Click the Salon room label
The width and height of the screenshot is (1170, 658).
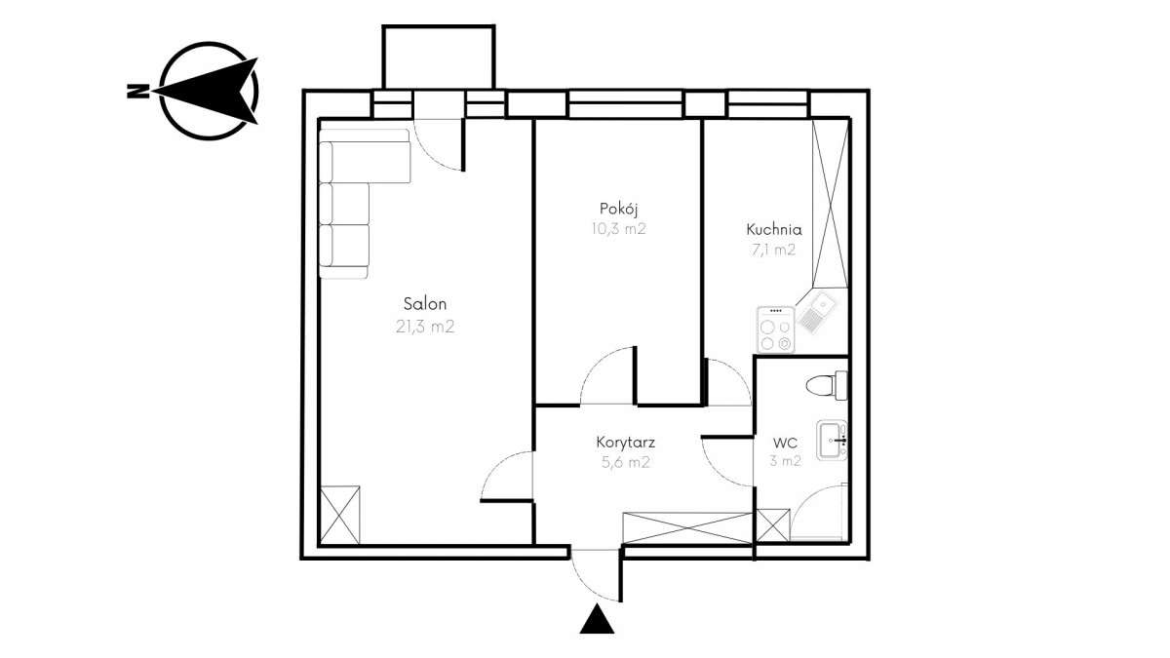[x=425, y=303]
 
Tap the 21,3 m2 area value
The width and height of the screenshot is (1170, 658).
[x=425, y=327]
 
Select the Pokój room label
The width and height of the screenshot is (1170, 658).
[x=618, y=209]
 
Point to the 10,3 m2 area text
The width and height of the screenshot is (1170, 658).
[x=618, y=229]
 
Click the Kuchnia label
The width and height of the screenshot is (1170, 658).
[x=773, y=229]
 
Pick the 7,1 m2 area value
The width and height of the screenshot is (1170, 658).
[x=773, y=250]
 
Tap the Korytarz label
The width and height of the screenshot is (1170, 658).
[x=625, y=443]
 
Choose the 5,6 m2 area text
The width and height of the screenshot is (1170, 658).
[x=625, y=462]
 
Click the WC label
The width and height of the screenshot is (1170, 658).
[x=785, y=443]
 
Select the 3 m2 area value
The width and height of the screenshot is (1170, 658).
[x=785, y=461]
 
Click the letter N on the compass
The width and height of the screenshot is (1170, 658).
[x=136, y=91]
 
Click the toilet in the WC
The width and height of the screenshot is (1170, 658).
[x=827, y=385]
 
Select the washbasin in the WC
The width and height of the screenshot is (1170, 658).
[x=832, y=440]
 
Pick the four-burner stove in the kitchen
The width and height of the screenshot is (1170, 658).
[x=776, y=329]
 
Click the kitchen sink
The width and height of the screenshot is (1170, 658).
[x=817, y=314]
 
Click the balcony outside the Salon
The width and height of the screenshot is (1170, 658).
[x=438, y=58]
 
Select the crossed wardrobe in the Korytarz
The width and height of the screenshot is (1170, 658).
[x=687, y=529]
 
